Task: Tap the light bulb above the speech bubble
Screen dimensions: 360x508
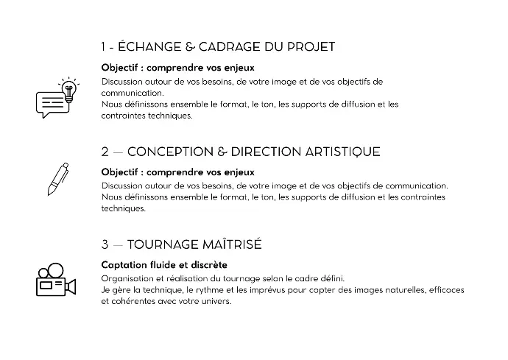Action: pos(69,88)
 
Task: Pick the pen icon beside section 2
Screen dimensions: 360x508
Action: pos(58,178)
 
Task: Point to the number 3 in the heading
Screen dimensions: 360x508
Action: pos(105,244)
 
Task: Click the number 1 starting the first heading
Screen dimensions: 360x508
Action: pos(105,47)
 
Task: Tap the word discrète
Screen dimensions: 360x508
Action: pos(208,264)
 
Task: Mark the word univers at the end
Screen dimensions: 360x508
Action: pos(215,301)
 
